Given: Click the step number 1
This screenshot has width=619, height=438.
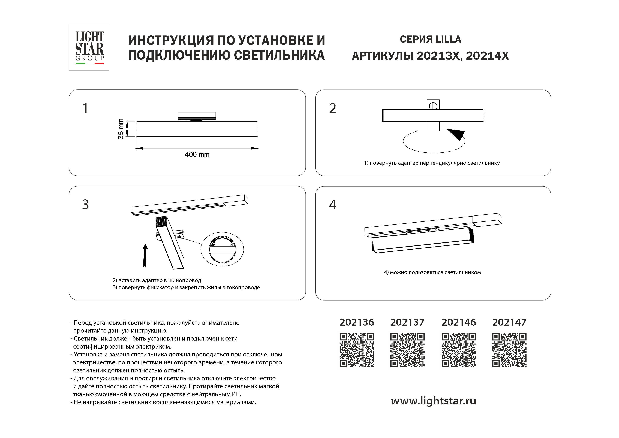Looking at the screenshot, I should click(x=85, y=108).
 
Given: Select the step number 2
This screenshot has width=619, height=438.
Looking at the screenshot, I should click(x=333, y=108).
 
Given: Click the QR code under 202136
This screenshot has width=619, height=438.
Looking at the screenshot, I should click(x=356, y=350).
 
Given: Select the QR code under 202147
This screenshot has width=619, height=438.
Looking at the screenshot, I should click(x=509, y=350).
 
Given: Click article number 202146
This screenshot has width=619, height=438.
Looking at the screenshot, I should click(x=459, y=322).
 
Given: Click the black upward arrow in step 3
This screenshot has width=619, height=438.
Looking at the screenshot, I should click(x=145, y=255).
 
